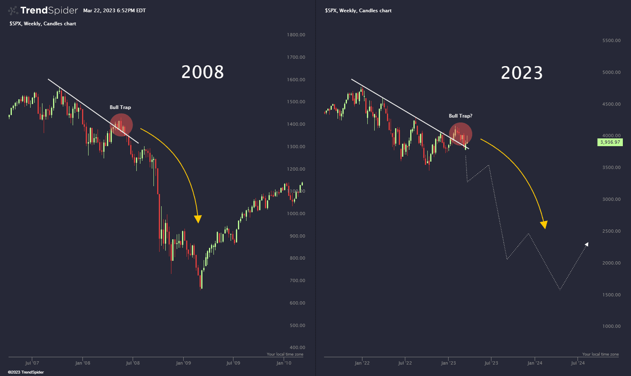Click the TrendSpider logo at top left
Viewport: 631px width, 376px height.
[x=43, y=10]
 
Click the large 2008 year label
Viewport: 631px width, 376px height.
[x=202, y=72]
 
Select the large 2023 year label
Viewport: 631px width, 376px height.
[x=522, y=73]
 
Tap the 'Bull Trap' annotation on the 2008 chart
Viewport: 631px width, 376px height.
[x=120, y=107]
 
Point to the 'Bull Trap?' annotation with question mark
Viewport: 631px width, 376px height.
[x=460, y=116]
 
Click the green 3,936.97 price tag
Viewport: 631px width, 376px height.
[x=610, y=142]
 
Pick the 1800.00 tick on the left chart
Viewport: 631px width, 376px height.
[x=296, y=35]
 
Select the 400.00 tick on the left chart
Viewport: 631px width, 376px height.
[x=296, y=347]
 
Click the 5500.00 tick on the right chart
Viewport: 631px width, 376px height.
[x=611, y=40]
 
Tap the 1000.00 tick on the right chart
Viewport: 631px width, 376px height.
[x=611, y=326]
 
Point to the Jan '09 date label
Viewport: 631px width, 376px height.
[x=183, y=363]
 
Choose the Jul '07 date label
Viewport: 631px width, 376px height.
[x=32, y=363]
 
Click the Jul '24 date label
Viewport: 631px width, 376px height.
[x=578, y=363]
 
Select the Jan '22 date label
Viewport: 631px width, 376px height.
[x=362, y=363]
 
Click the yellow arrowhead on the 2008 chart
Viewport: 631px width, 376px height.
[x=198, y=219]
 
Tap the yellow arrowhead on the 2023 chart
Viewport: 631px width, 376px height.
[x=544, y=225]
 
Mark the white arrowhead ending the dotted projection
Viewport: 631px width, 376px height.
[x=587, y=245]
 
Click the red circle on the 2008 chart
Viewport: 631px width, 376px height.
[x=121, y=125]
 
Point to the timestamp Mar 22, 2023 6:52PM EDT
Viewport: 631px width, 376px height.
[x=114, y=11]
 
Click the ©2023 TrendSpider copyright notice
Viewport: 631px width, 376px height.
[x=26, y=372]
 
